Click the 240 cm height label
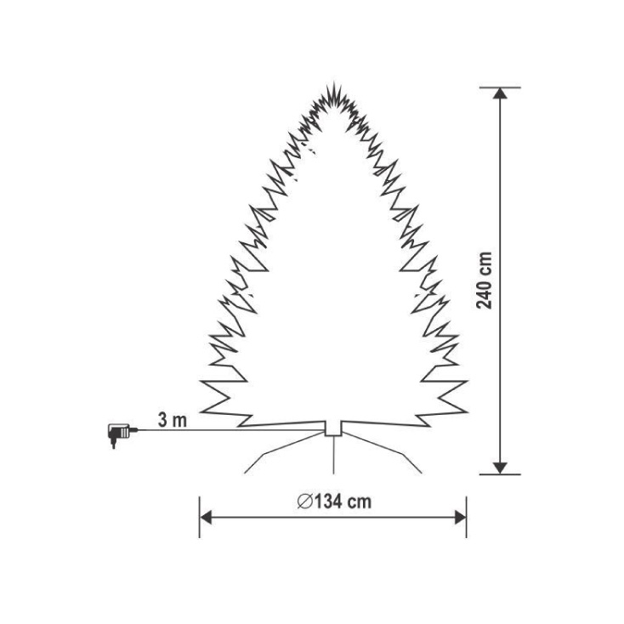click(485, 281)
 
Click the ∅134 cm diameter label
click(334, 502)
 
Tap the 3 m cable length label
click(173, 420)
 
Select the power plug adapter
click(118, 434)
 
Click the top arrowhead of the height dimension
click(500, 94)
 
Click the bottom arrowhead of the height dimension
click(500, 468)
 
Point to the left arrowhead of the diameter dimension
click(206, 518)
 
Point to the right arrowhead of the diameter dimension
click(460, 518)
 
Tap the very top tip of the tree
click(333, 82)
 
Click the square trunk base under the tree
click(333, 428)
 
